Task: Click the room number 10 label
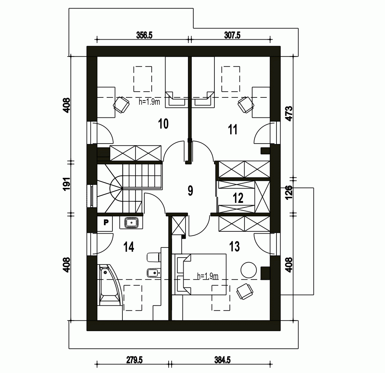163,124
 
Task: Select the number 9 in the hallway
190,191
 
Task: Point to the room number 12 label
238,198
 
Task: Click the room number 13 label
234,246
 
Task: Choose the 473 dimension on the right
290,114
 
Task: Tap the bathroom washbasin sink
132,222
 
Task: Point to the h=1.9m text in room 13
208,276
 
